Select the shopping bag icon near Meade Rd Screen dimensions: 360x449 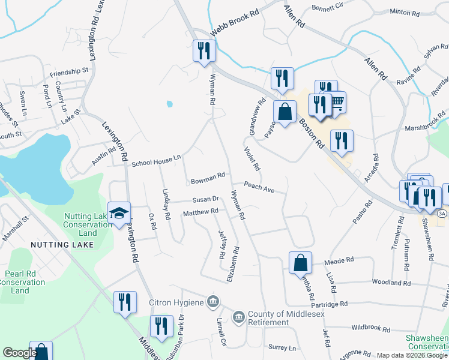tap(300, 263)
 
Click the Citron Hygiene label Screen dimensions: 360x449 tap(176, 302)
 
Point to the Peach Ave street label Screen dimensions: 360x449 tap(259, 188)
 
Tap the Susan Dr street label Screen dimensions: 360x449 tap(205, 200)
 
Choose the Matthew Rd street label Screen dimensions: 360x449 tap(200, 212)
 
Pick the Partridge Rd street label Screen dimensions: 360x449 tap(327, 304)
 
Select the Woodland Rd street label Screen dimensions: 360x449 tap(391, 283)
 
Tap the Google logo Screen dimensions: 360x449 tap(19, 353)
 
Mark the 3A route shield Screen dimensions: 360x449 tap(442, 214)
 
